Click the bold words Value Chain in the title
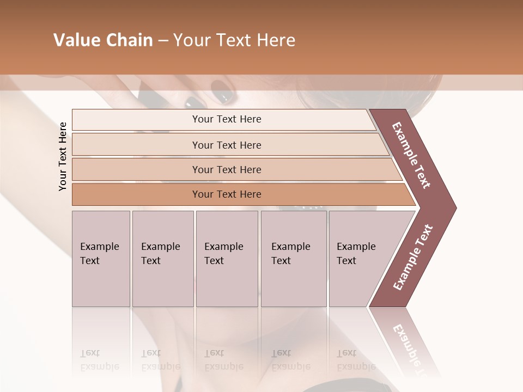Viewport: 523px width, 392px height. pos(103,40)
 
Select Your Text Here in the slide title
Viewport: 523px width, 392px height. pos(234,40)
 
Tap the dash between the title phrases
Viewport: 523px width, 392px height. pos(163,41)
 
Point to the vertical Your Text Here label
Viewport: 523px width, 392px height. pos(63,156)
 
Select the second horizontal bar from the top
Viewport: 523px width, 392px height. pos(226,145)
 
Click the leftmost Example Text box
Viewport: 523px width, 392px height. pos(101,258)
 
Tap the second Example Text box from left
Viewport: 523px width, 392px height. pos(162,258)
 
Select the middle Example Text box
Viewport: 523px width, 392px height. pos(227,258)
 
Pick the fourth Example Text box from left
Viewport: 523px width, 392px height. pos(293,258)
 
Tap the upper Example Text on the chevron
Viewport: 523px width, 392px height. pos(412,155)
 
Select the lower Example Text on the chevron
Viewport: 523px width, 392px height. pos(412,258)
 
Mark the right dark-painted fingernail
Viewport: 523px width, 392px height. pos(221,91)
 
